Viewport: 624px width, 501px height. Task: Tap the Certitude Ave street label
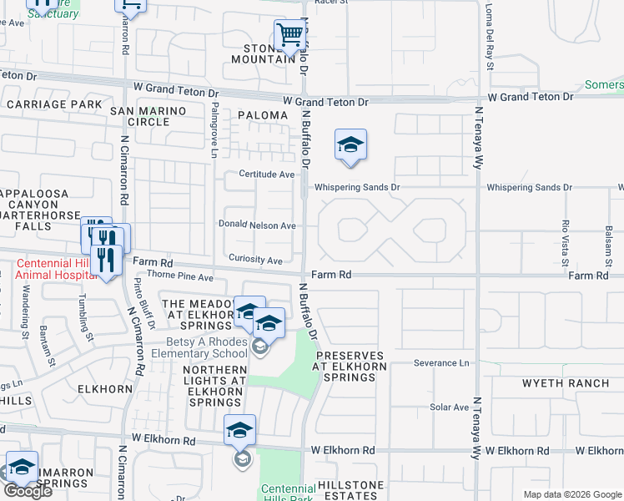(x=267, y=175)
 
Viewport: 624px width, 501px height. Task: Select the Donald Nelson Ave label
(x=257, y=225)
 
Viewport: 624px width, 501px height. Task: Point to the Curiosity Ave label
(x=256, y=261)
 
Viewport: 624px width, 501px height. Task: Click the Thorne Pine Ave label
(x=180, y=276)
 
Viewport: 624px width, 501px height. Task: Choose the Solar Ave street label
(x=450, y=407)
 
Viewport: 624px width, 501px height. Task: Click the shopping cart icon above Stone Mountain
(x=289, y=35)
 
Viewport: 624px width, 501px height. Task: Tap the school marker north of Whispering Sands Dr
(x=350, y=145)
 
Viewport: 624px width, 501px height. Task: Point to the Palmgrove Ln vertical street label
(x=214, y=131)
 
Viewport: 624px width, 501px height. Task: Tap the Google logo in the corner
(x=28, y=491)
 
